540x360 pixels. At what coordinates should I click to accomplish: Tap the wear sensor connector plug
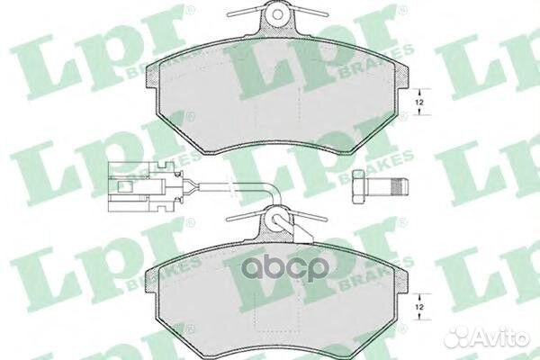click(136, 187)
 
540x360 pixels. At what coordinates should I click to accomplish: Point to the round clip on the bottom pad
click(278, 219)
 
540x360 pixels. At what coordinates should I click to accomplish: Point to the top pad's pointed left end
click(149, 71)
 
